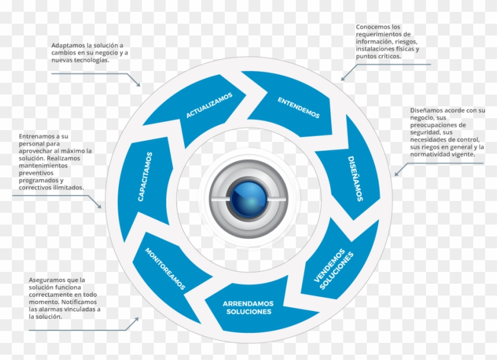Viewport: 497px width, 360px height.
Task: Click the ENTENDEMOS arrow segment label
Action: coord(299,107)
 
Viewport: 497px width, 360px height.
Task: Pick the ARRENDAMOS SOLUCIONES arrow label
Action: coord(248,307)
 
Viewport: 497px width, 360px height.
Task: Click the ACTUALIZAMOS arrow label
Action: coord(209,105)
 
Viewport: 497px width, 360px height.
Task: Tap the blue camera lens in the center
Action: coord(248,198)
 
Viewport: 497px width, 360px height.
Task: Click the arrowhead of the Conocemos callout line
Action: coord(342,79)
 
